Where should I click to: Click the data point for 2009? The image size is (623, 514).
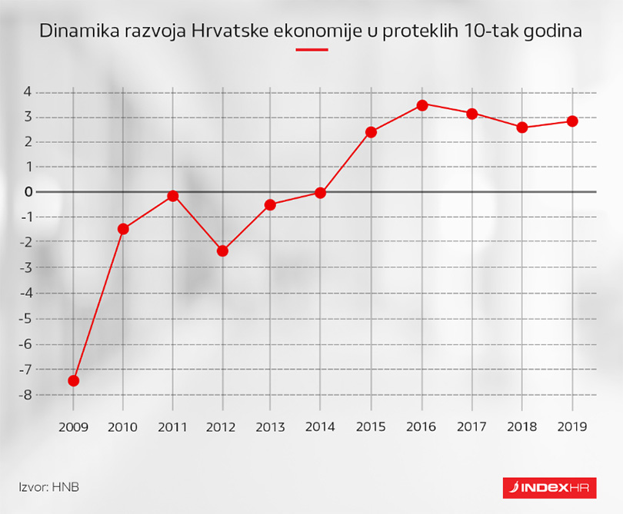[x=74, y=380]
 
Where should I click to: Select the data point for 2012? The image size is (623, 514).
[x=222, y=250]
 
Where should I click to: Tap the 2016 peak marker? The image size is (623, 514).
[x=421, y=104]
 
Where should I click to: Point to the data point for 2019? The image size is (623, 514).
[x=572, y=121]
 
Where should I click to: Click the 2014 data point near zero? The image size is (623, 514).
[x=320, y=193]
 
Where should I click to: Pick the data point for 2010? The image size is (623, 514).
[x=123, y=228]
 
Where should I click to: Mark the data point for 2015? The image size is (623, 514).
[x=371, y=132]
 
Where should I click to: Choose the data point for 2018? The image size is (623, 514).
[x=522, y=128]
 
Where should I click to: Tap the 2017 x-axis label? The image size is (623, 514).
[x=472, y=426]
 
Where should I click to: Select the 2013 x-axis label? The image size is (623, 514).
[x=270, y=426]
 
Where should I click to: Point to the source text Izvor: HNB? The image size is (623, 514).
[x=49, y=486]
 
